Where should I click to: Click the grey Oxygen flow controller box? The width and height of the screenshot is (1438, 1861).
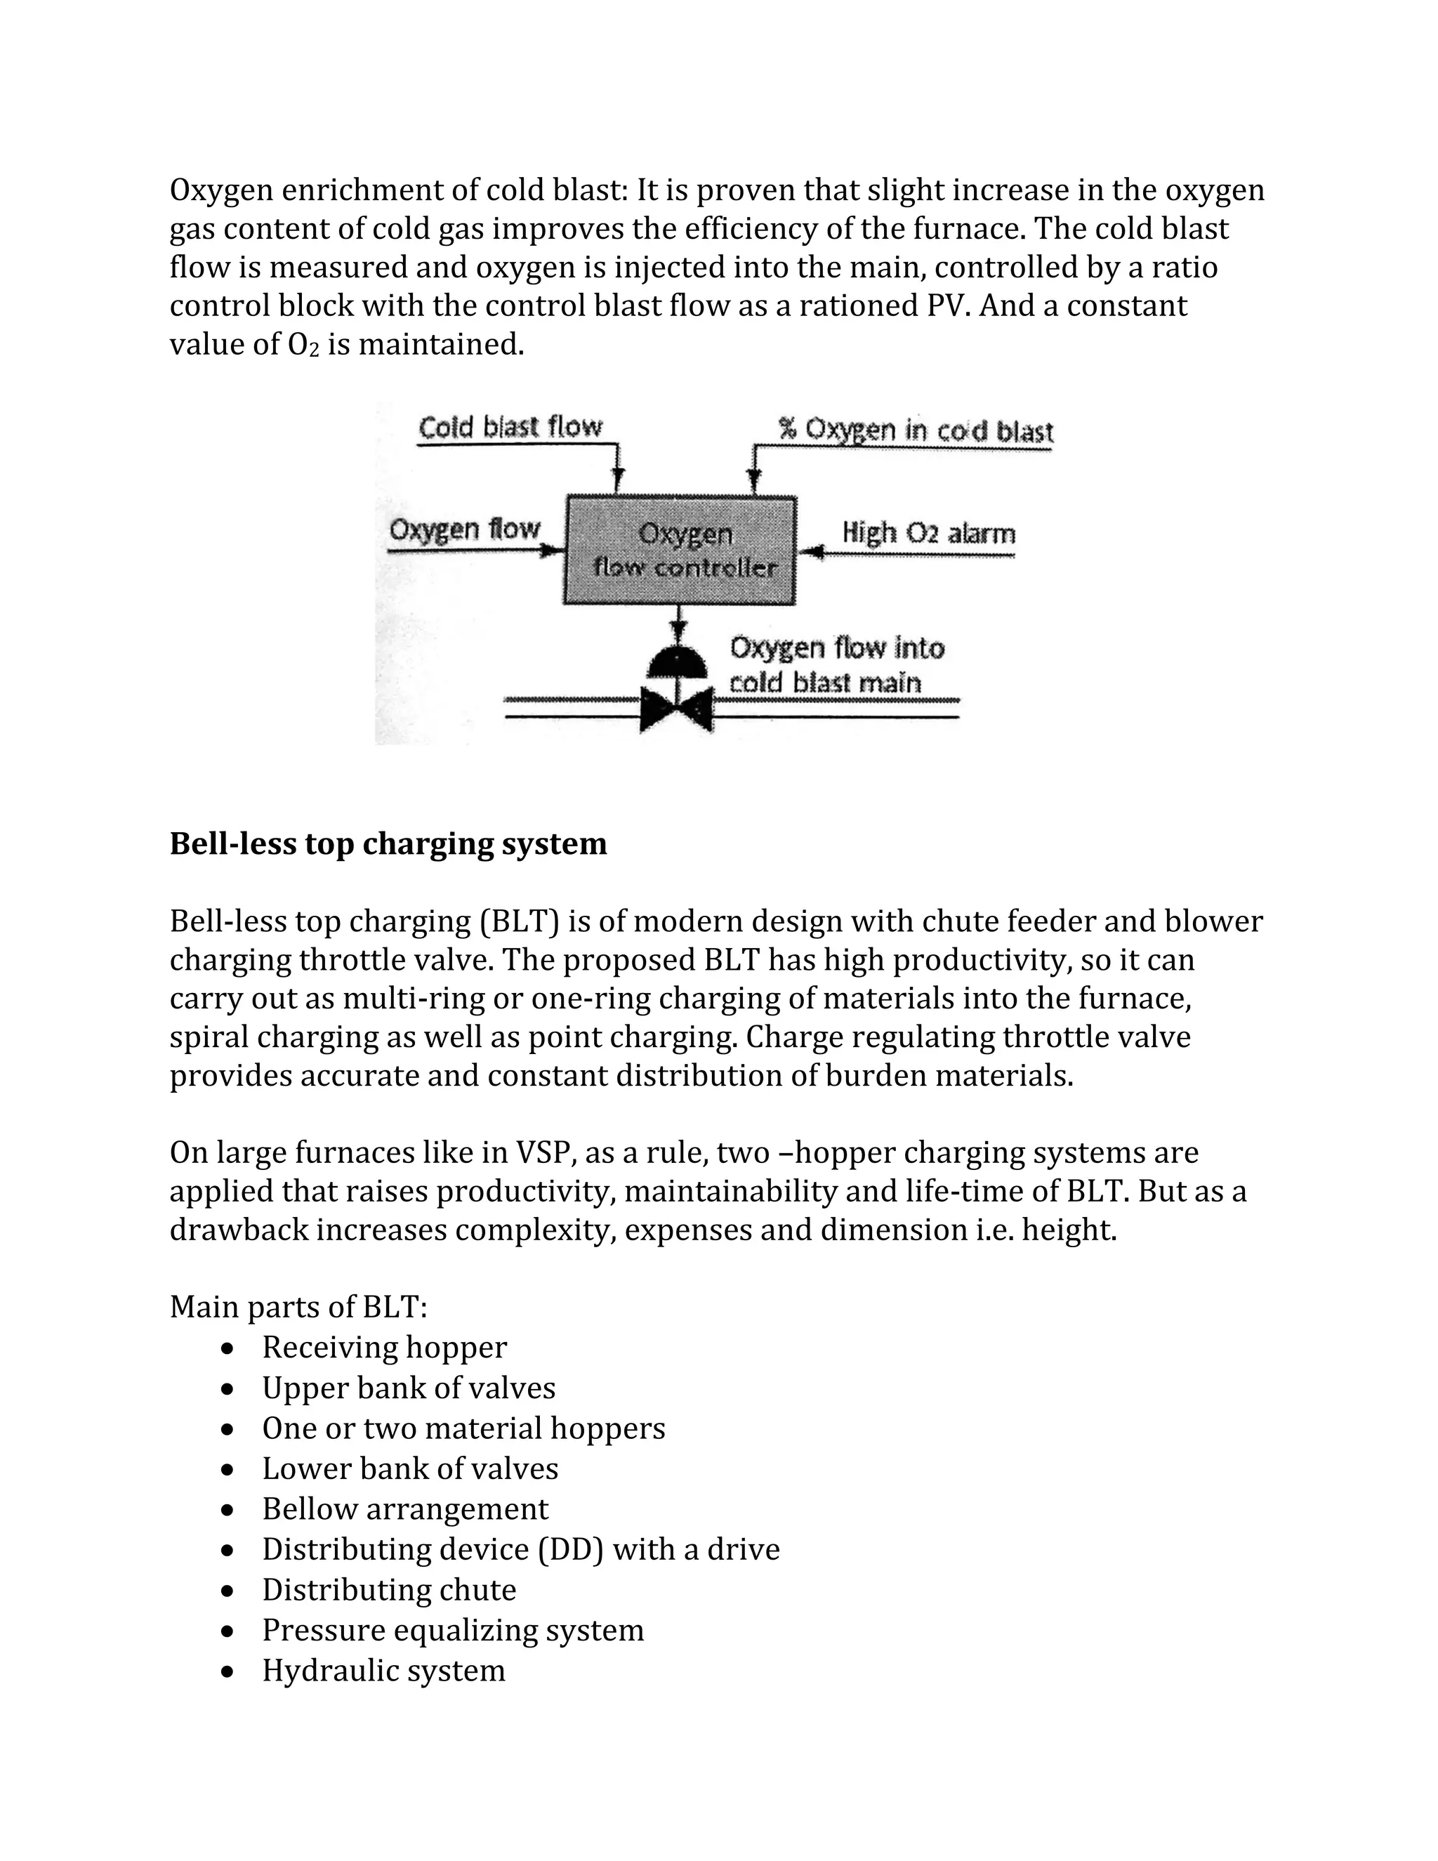coord(679,551)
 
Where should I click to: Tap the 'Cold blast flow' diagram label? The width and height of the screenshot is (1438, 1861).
coord(510,426)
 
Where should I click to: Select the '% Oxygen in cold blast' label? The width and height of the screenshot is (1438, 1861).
coord(916,430)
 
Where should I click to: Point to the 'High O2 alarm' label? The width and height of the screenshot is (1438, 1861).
coord(928,534)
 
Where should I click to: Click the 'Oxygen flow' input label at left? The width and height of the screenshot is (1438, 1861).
coord(464,530)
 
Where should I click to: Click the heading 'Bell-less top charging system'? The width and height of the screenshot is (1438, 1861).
coord(388,843)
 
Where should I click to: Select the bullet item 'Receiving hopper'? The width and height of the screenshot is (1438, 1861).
coord(384,1346)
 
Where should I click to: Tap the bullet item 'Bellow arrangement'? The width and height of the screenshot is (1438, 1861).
coord(404,1508)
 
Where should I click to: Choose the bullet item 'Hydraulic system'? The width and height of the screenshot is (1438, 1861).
coord(383,1669)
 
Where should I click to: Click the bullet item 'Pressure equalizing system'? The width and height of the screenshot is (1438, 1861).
coord(452,1629)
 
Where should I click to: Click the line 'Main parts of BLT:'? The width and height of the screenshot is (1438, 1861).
coord(298,1306)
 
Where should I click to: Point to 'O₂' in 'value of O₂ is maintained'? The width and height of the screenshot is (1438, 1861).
coord(307,345)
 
